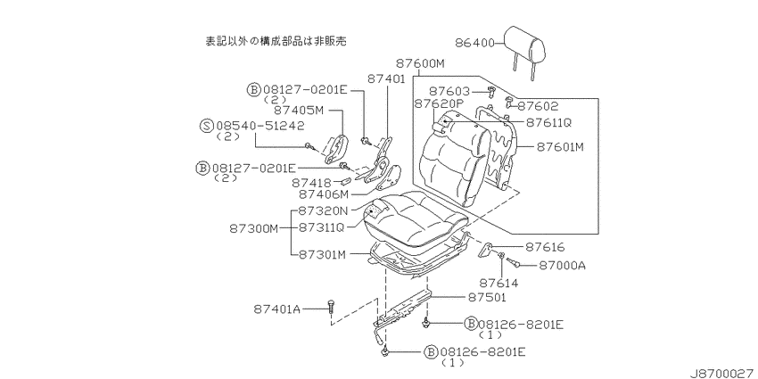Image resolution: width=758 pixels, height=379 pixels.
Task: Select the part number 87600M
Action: point(420,63)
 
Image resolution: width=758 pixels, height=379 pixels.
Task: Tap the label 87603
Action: point(449,91)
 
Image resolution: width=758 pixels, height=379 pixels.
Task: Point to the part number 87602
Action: point(539,106)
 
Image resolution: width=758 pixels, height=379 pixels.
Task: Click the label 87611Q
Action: point(548,122)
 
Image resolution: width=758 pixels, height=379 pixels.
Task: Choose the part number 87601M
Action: point(560,146)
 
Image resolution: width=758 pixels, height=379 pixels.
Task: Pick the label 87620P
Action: point(439,103)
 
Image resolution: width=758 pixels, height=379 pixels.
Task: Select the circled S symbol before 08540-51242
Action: point(206,126)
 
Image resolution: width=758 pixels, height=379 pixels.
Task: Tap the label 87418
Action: point(311,183)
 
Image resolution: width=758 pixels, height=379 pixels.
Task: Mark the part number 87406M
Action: point(323,194)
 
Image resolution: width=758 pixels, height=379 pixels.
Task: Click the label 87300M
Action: point(254,228)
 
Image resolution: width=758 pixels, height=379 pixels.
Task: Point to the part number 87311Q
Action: point(320,227)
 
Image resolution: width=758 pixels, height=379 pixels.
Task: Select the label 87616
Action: point(545,247)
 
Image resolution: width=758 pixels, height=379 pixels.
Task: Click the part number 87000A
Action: point(561,265)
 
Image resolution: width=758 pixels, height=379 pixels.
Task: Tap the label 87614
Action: point(499,284)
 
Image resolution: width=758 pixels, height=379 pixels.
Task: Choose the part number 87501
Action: point(486,297)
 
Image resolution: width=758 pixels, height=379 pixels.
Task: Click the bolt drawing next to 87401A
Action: point(331,308)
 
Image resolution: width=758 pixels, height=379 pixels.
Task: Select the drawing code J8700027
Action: point(722,373)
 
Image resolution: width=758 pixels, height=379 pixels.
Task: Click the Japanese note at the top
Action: point(276,41)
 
